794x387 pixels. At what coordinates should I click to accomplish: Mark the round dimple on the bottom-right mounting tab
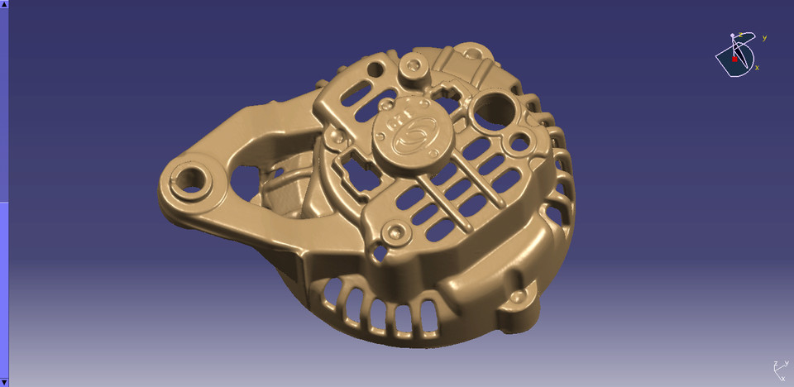point(518,297)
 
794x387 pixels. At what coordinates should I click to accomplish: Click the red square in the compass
point(734,59)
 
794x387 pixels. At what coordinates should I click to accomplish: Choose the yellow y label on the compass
point(764,37)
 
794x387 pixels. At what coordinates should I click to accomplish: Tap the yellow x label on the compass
point(757,67)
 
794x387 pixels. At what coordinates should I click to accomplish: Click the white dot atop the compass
point(733,36)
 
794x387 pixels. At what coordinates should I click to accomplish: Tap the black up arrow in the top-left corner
point(3,5)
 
